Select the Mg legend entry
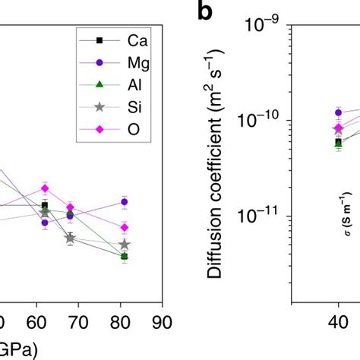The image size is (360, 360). pyautogui.click(x=129, y=64)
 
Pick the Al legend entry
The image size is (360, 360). pyautogui.click(x=129, y=88)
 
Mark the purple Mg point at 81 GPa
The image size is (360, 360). pyautogui.click(x=124, y=201)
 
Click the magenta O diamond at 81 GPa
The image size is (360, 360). pyautogui.click(x=124, y=227)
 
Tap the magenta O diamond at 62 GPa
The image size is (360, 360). pyautogui.click(x=45, y=188)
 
